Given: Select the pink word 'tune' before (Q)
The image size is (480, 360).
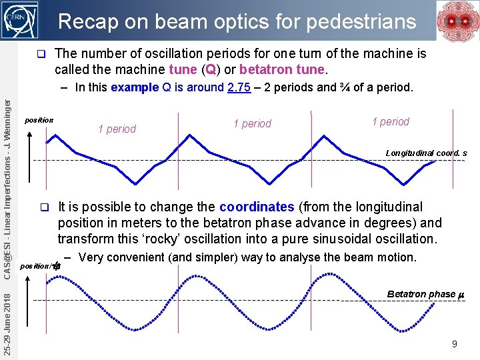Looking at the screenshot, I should (183, 69).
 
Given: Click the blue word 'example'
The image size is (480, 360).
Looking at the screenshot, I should (135, 87).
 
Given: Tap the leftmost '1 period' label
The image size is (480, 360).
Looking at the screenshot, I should (117, 129).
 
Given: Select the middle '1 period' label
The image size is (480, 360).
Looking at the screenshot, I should (252, 123).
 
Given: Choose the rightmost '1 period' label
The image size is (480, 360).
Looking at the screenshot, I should (391, 121).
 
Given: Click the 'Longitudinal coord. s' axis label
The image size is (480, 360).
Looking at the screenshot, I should (426, 153).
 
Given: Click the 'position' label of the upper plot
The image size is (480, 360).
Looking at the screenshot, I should (39, 121).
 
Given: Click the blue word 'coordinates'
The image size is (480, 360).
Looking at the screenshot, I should (257, 207).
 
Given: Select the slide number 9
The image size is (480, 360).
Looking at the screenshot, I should (454, 344).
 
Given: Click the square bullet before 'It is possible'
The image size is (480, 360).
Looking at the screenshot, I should (44, 207).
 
